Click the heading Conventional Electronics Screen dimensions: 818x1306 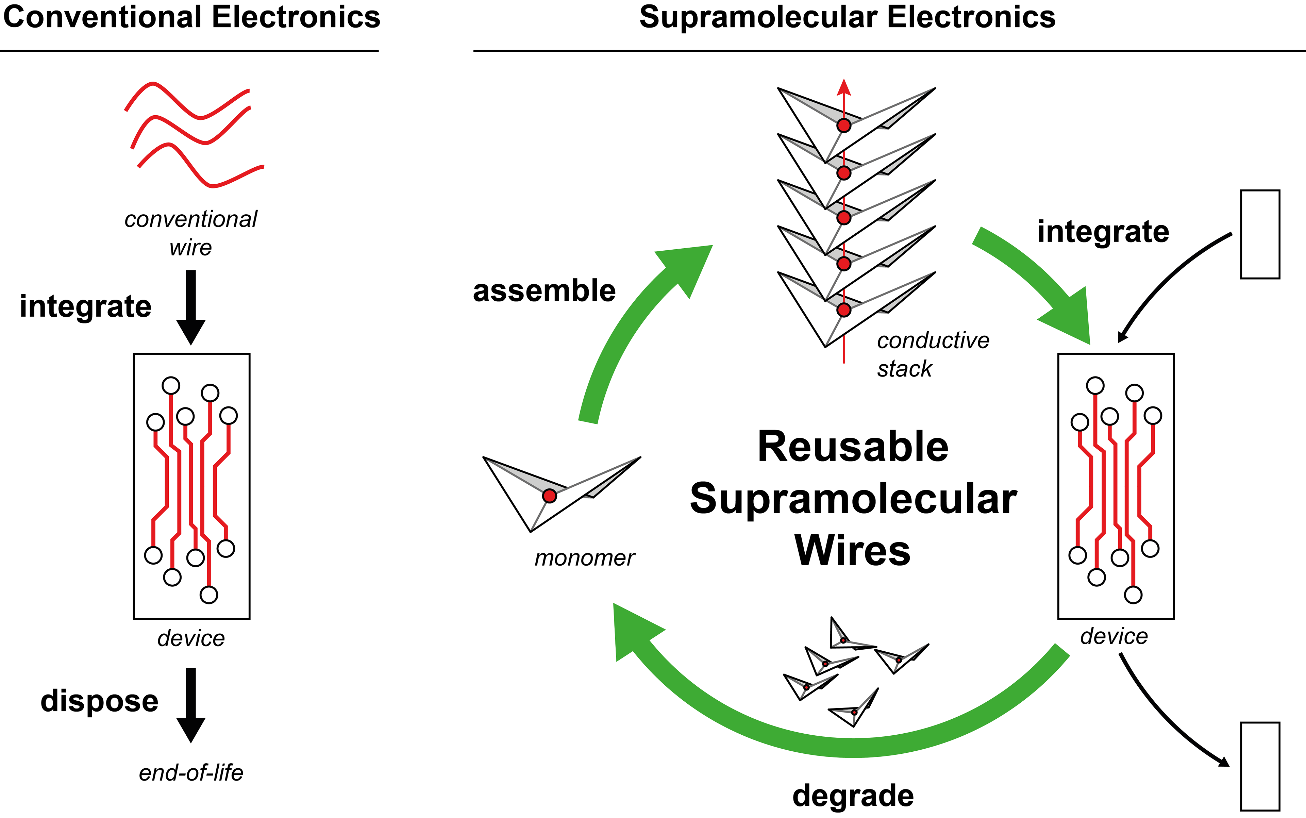[191, 17]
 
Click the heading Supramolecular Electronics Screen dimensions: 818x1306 [847, 17]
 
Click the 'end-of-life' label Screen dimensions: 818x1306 [191, 772]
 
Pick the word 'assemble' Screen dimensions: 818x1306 [544, 291]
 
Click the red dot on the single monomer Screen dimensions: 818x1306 [549, 496]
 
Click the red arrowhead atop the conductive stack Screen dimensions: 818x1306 [844, 88]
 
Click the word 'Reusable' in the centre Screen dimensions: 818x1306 [853, 447]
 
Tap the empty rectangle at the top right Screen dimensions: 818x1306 [1260, 234]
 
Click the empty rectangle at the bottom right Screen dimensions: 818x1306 [1260, 766]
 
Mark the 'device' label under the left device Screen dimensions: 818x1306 [191, 638]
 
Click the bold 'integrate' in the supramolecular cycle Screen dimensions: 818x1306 [1103, 232]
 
